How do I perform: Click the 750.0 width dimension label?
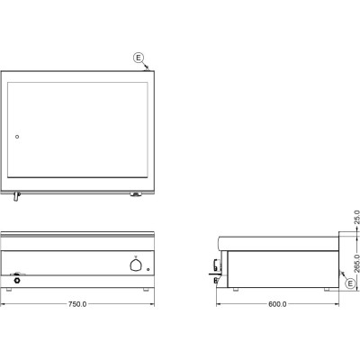point(77,304)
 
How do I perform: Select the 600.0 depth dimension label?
point(277,304)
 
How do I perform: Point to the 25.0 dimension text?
point(356,217)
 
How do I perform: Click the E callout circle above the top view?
point(139,58)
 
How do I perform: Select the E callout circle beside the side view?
point(350,283)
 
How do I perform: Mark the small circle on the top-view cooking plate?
point(17,137)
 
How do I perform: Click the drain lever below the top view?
point(16,197)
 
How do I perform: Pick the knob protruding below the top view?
point(136,194)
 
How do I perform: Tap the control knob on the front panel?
point(135,265)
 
